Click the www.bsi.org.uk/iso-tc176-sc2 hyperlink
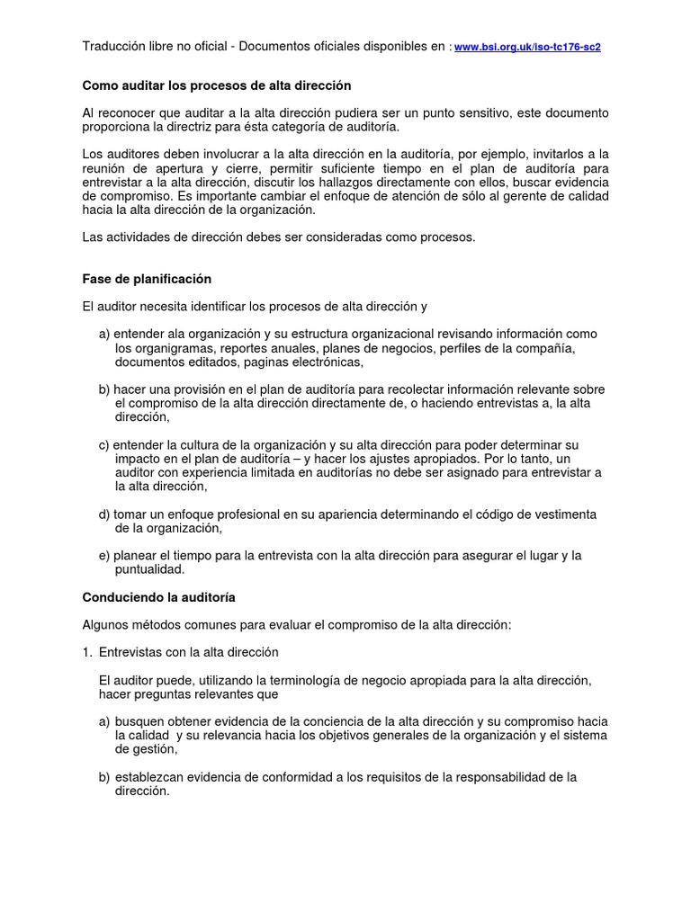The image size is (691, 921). coord(527,47)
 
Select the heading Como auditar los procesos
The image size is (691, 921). coord(216,85)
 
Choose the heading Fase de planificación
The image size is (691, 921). coord(147,279)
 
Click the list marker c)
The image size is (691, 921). coord(104,445)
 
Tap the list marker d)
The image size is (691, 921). coord(104,514)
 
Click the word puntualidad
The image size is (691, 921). coord(149,569)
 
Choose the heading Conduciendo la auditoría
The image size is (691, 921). coord(158,597)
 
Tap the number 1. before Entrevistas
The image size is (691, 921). coord(87,652)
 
